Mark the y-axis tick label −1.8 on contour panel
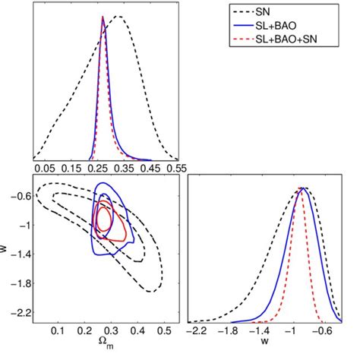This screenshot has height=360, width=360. pos(21,283)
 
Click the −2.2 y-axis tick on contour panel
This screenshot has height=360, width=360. pos(21,311)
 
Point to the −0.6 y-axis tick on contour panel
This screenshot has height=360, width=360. pos(21,195)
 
